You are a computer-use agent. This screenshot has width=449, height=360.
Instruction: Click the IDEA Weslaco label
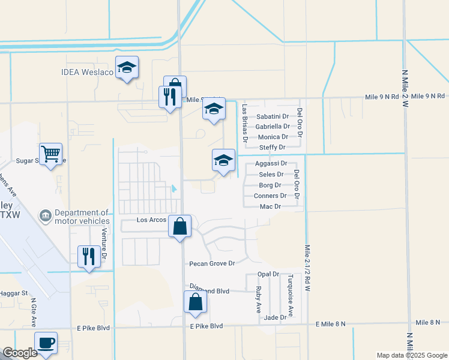point(87,73)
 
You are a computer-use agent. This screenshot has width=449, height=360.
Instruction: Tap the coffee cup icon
point(46,343)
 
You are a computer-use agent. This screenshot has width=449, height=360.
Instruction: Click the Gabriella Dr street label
point(272,127)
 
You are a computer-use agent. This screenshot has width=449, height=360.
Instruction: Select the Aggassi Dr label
point(271,163)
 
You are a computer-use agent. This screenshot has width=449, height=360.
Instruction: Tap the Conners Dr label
point(270,196)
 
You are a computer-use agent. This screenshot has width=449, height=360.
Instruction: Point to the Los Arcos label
point(151,220)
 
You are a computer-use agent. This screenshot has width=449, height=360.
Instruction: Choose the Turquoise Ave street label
point(290,295)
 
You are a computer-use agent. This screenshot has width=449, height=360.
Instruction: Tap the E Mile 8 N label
point(331,324)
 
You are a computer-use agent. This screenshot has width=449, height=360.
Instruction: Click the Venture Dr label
point(104,244)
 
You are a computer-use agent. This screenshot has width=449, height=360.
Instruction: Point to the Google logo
point(20,353)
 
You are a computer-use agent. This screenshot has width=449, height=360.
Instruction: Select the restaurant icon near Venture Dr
point(89,256)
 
